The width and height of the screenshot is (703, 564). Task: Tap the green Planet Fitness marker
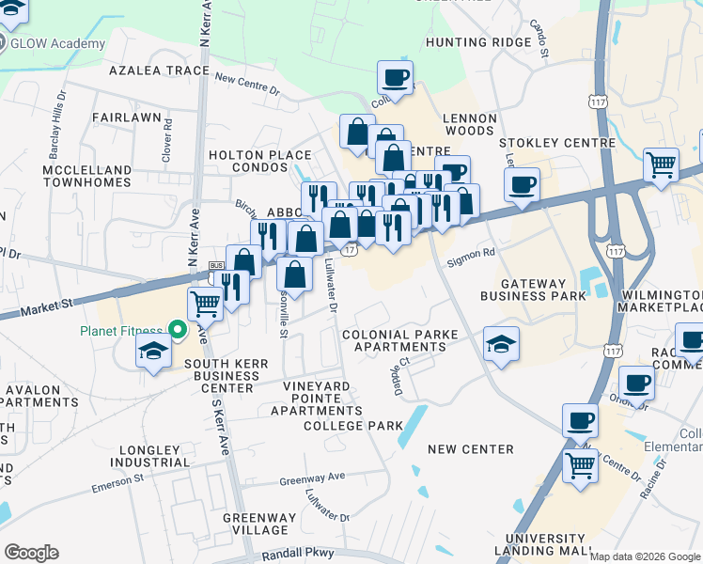point(177,330)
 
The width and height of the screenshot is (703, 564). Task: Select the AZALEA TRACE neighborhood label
point(158,70)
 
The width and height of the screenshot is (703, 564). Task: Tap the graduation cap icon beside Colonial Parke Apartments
point(502,343)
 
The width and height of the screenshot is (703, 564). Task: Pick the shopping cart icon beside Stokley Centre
point(662,164)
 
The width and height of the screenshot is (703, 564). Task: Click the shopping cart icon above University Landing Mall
point(581,463)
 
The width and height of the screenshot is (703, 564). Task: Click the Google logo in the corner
point(31,553)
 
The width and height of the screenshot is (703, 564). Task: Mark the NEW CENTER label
point(470,449)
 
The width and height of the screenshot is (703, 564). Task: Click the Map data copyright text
point(644,556)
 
